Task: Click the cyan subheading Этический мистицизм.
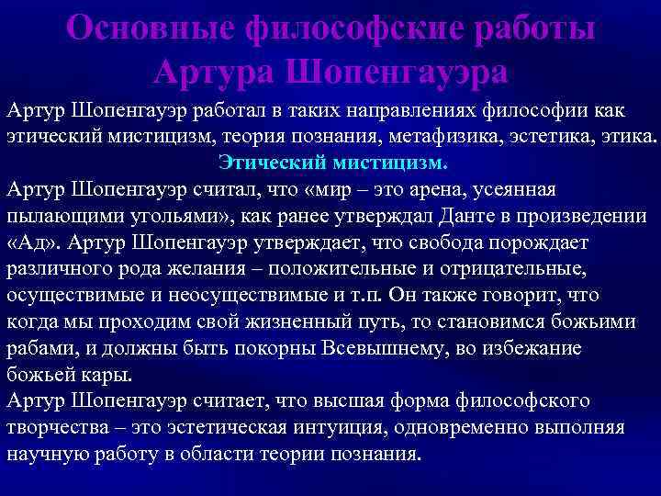pyautogui.click(x=333, y=163)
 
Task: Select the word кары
pyautogui.click(x=110, y=376)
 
